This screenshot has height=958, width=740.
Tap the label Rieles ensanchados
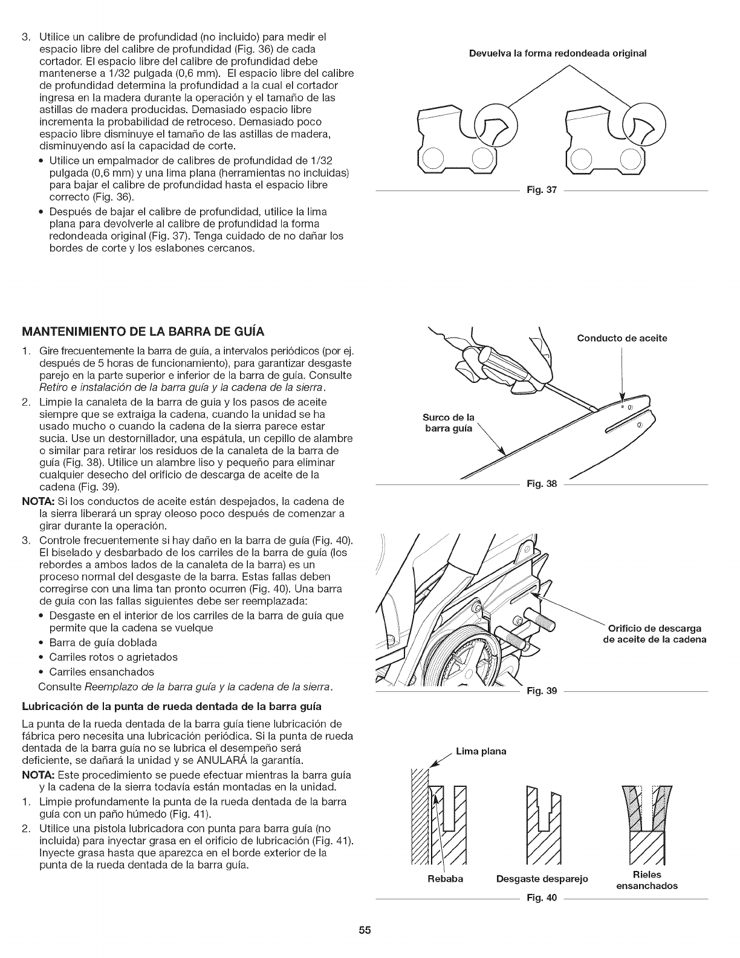point(646,880)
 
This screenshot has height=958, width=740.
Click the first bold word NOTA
point(34,501)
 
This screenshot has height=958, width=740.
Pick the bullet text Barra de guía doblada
point(103,642)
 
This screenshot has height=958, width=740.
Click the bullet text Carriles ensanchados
point(102,672)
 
